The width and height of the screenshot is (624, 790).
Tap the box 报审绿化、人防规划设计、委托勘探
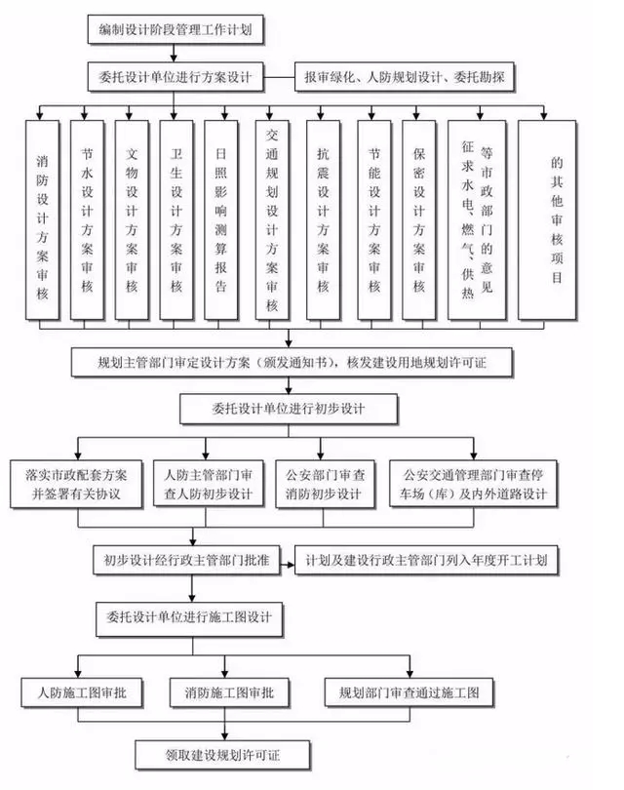pyautogui.click(x=408, y=74)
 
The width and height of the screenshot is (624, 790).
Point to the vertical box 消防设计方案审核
pyautogui.click(x=45, y=220)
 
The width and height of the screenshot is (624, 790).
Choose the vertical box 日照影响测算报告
pyautogui.click(x=221, y=220)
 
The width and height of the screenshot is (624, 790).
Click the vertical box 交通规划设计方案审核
pyautogui.click(x=272, y=220)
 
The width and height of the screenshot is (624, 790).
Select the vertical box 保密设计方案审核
pyautogui.click(x=418, y=220)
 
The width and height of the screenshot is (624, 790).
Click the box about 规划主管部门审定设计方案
pyautogui.click(x=292, y=364)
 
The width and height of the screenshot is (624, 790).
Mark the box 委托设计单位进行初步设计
pyautogui.click(x=287, y=407)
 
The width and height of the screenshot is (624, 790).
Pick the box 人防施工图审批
pyautogui.click(x=82, y=693)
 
